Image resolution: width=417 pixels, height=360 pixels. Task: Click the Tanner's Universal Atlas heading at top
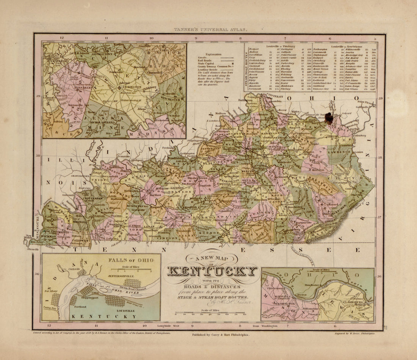(208, 29)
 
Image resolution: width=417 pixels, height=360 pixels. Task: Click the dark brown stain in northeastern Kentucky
(328, 118)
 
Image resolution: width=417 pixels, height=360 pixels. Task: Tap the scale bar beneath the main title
(210, 313)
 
